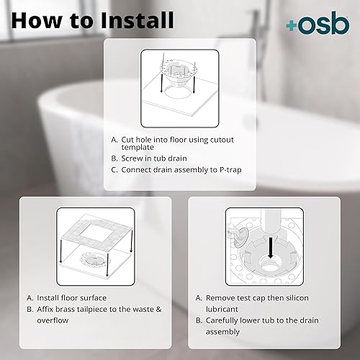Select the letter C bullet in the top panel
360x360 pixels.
point(114,171)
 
